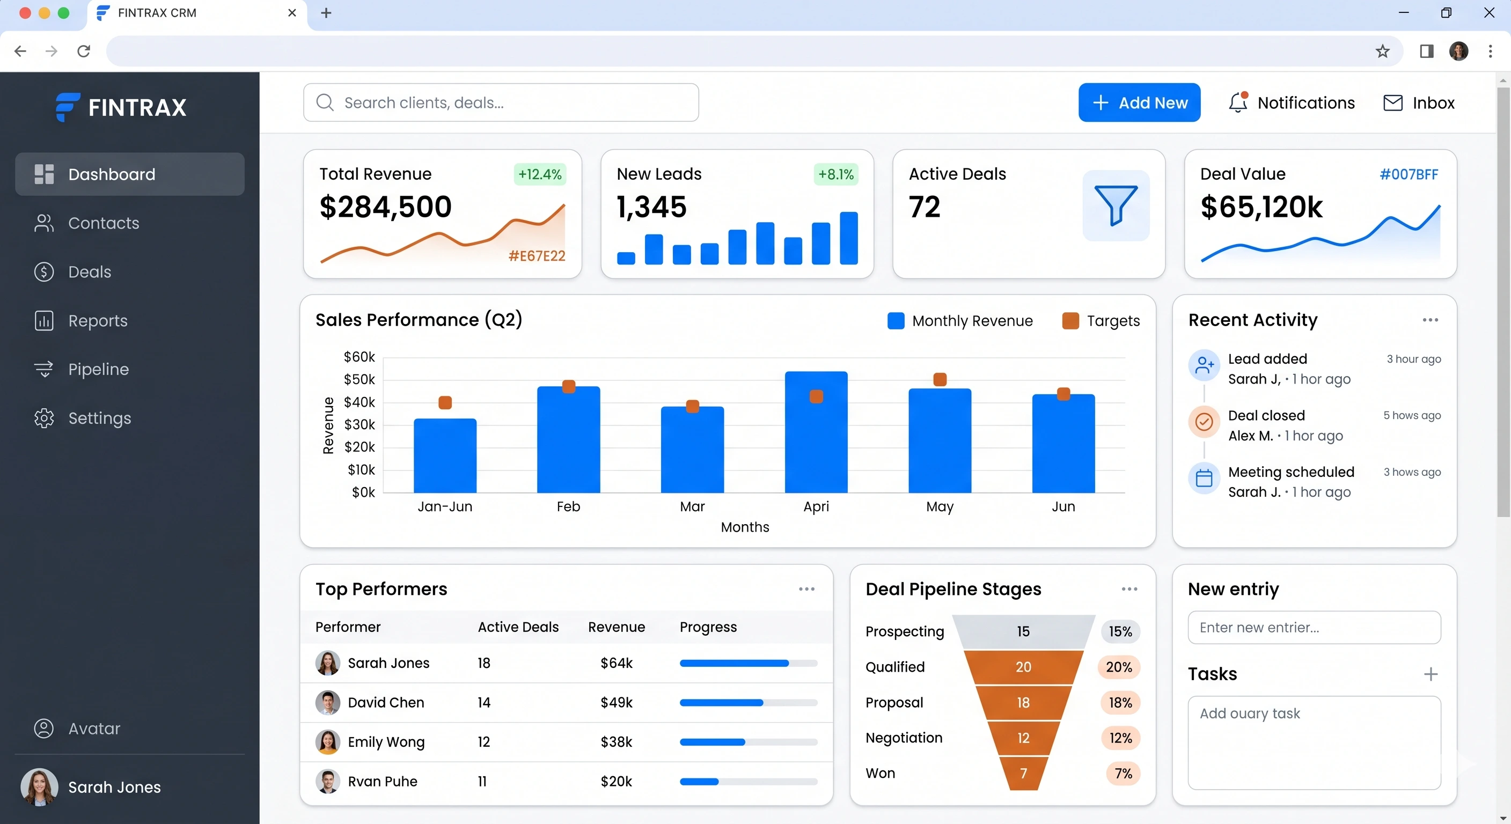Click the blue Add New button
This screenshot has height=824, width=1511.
(x=1139, y=102)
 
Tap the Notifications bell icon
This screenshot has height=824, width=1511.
(x=1238, y=102)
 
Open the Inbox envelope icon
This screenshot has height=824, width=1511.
(x=1392, y=102)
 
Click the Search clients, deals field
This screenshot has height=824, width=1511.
(x=501, y=102)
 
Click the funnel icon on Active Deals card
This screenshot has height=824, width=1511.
(x=1116, y=205)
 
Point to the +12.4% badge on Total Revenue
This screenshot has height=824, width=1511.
(x=540, y=174)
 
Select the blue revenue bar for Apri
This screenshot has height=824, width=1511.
(x=816, y=432)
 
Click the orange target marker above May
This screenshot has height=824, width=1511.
(x=940, y=379)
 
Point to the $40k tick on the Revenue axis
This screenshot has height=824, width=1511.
(x=359, y=402)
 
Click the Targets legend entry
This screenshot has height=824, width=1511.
(x=1101, y=321)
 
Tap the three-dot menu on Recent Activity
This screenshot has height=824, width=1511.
(x=1430, y=320)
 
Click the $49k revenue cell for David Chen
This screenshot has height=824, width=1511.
(x=617, y=702)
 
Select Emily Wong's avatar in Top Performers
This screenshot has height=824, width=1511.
(x=327, y=741)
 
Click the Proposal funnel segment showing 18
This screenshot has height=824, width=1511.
(x=1023, y=702)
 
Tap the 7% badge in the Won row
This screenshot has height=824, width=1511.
(x=1123, y=773)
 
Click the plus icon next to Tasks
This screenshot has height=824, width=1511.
(x=1431, y=674)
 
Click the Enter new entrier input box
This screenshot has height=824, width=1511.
(x=1314, y=628)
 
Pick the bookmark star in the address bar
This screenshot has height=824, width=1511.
(x=1383, y=51)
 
